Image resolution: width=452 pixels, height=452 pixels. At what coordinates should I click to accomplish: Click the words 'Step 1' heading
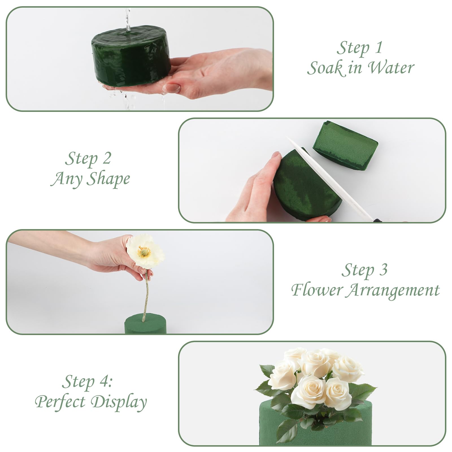point(359,47)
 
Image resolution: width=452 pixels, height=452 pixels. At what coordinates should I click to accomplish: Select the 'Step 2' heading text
point(88,158)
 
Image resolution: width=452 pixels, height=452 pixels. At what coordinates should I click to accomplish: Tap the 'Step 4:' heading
point(87,382)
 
